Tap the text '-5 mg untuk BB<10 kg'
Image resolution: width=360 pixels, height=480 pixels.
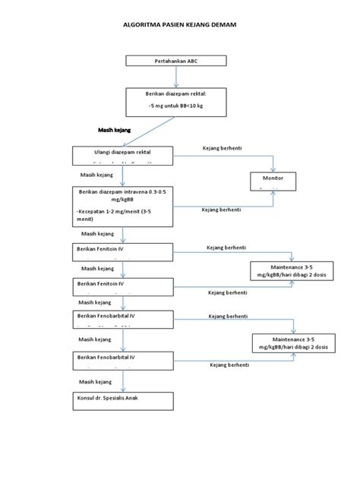click(176, 107)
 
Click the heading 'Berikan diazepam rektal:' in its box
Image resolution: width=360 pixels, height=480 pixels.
click(175, 93)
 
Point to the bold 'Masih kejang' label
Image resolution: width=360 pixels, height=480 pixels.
click(115, 131)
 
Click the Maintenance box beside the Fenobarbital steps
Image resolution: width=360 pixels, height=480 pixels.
click(289, 343)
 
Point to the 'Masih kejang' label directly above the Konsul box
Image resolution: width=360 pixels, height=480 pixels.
click(96, 381)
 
